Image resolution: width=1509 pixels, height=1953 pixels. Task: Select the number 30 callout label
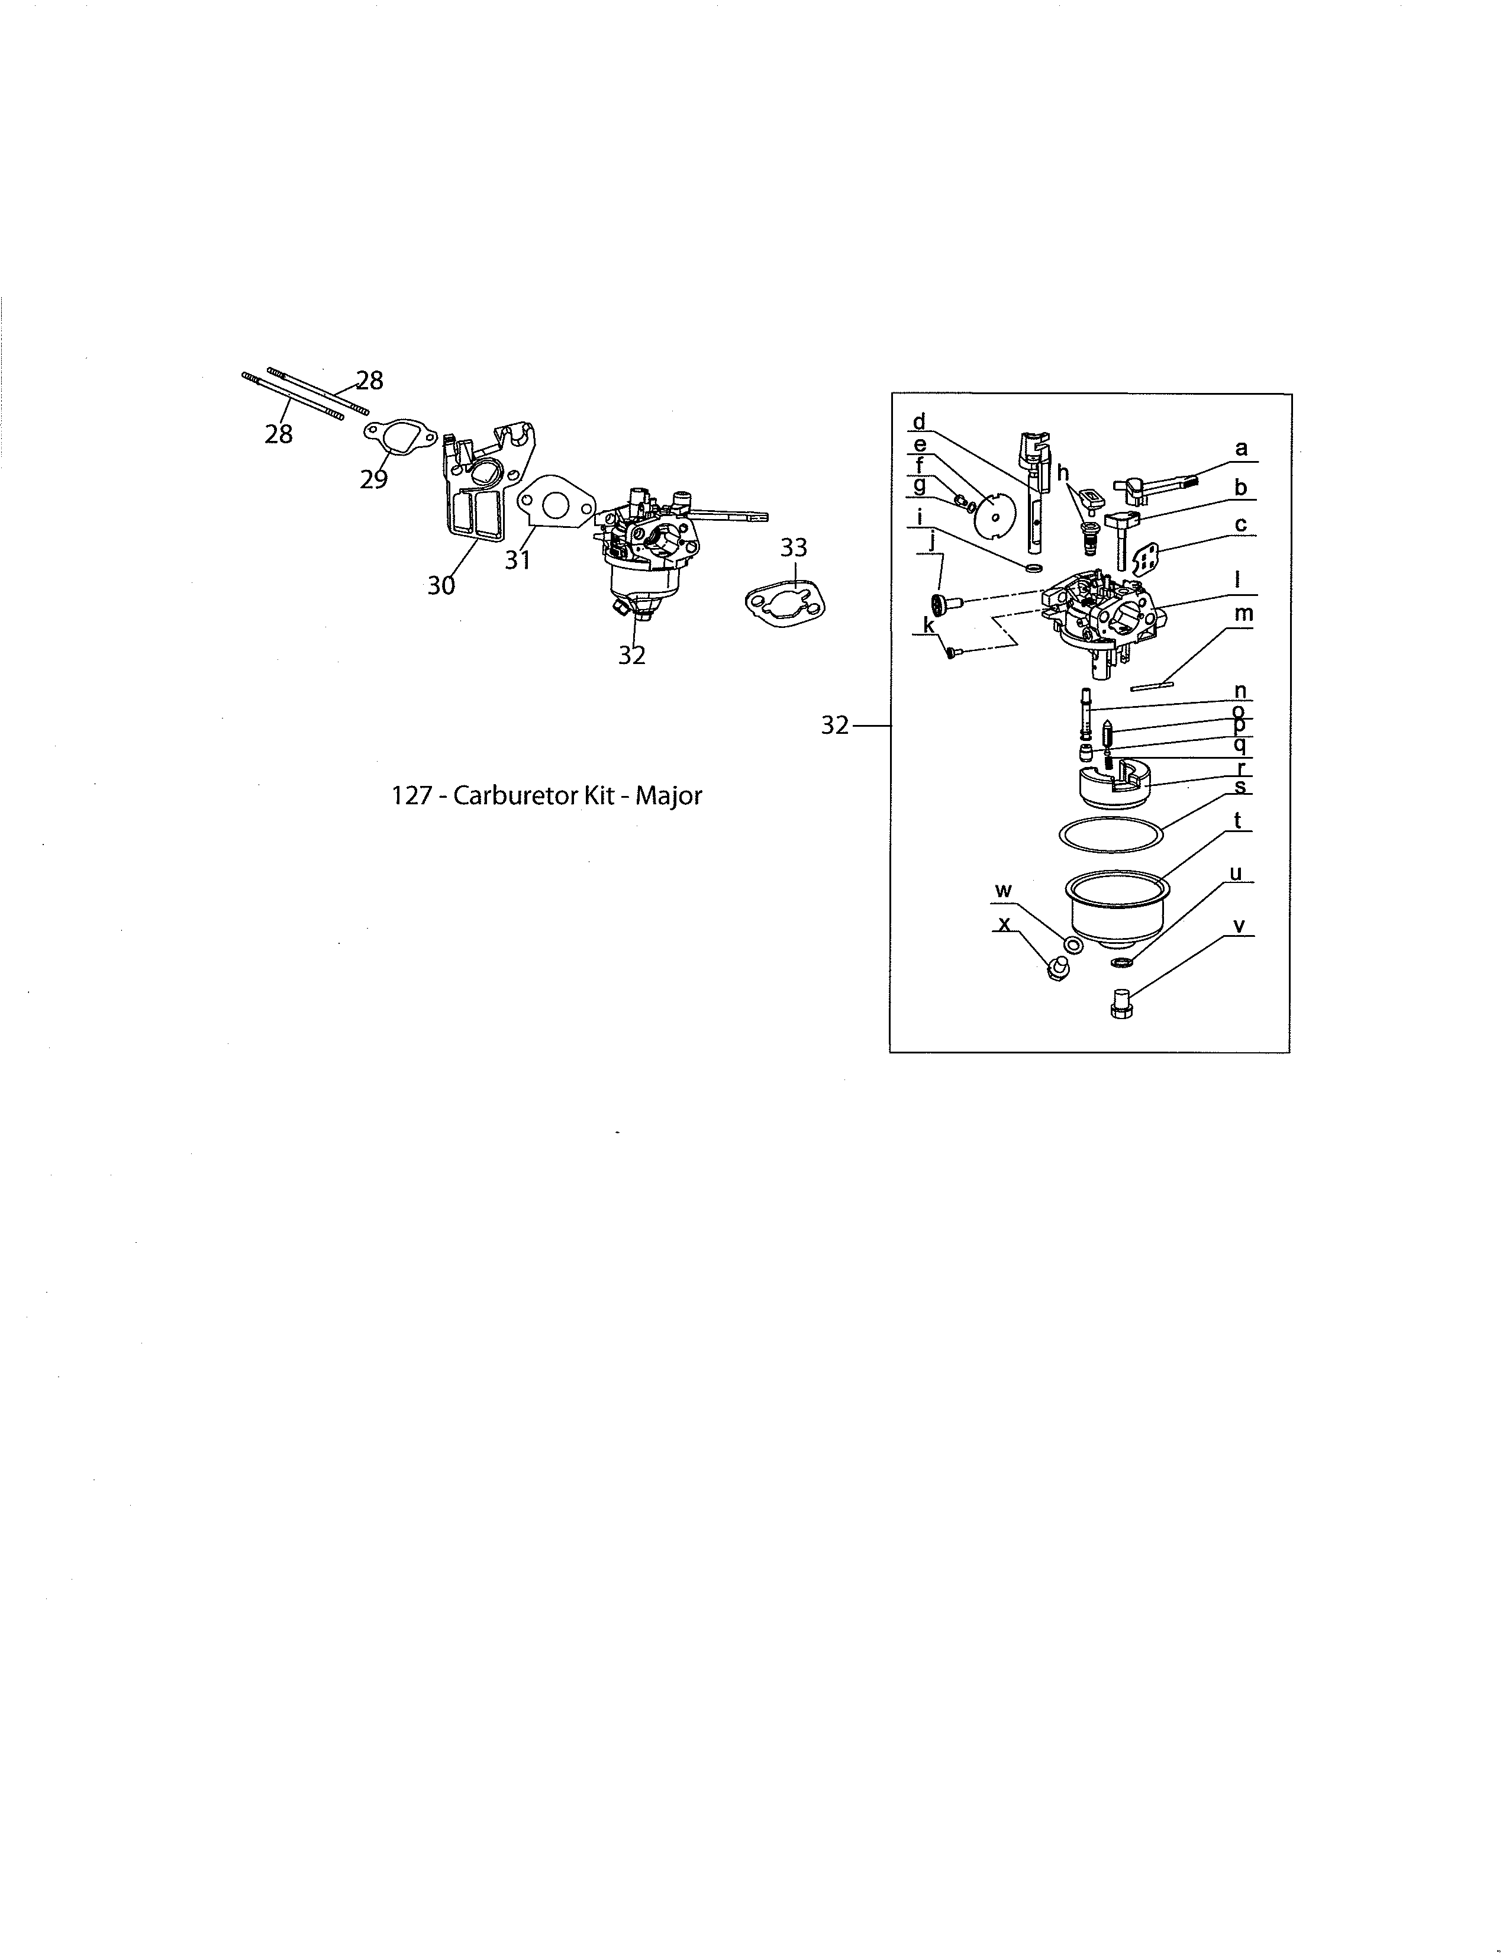click(x=441, y=586)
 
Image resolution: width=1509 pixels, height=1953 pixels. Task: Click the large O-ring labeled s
click(x=1111, y=833)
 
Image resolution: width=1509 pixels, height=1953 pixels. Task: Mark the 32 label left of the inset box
click(x=834, y=726)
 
